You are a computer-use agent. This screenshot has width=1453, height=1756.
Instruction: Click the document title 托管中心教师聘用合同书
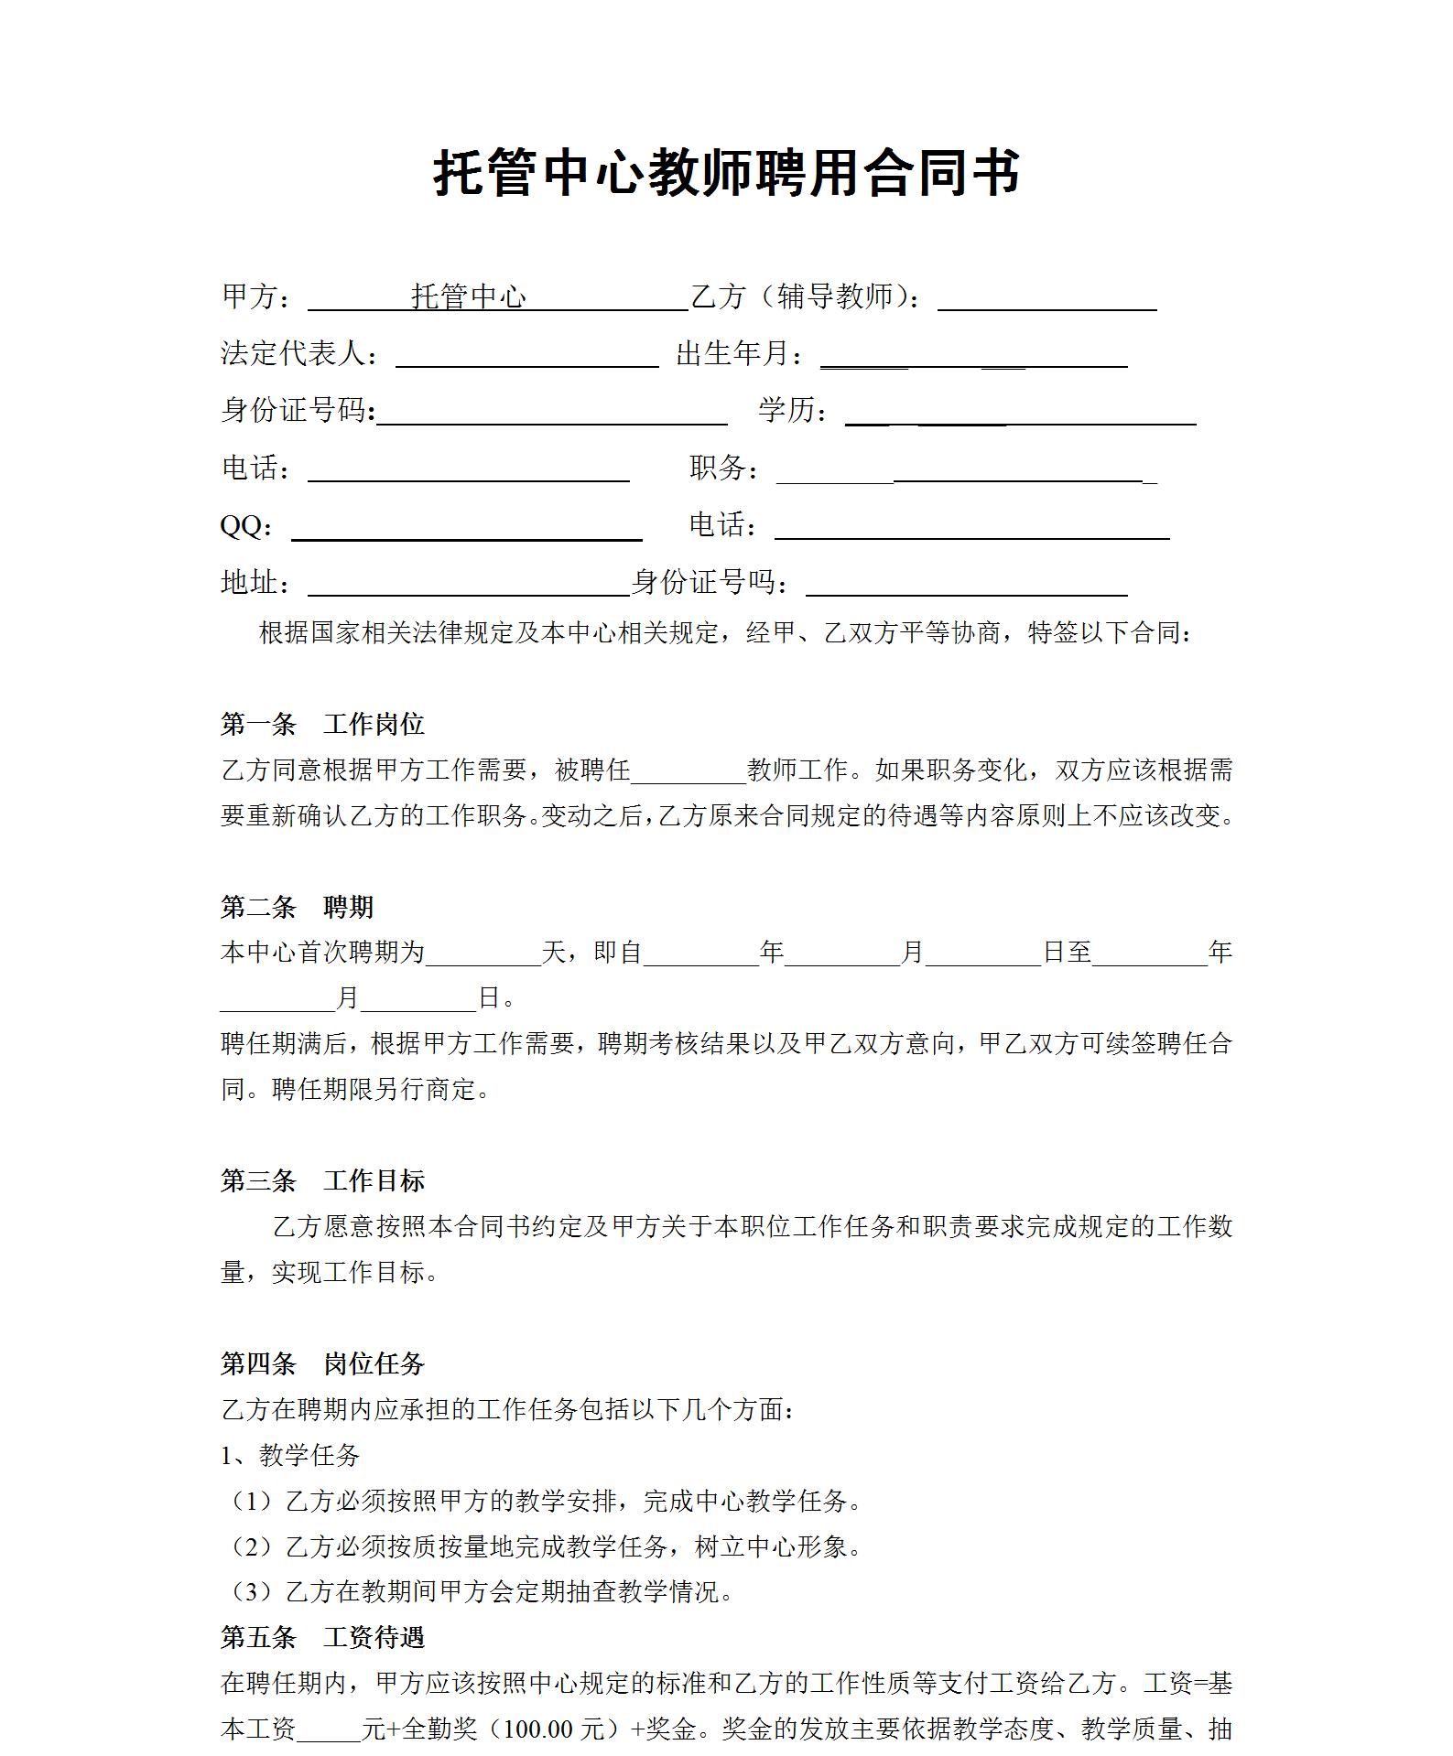click(726, 173)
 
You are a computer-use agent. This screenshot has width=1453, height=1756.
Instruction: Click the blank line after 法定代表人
click(526, 356)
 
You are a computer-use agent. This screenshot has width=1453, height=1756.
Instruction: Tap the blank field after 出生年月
click(972, 356)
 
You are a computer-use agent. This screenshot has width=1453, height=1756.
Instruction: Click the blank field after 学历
click(1020, 414)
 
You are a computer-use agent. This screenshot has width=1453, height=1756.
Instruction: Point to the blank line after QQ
click(466, 529)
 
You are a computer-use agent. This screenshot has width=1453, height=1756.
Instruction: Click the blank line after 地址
click(468, 585)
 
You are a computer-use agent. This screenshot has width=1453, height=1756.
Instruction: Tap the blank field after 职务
click(966, 471)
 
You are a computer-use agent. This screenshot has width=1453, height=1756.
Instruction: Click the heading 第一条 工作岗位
click(322, 725)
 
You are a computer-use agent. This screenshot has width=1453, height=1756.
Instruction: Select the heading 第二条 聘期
click(297, 907)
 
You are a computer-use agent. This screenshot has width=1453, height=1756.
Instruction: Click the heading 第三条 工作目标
click(322, 1180)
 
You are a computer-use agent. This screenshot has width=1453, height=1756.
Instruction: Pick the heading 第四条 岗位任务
click(322, 1363)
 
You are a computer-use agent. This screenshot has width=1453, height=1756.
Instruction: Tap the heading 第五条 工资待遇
click(322, 1637)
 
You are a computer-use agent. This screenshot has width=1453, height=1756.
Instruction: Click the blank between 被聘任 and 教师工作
click(689, 772)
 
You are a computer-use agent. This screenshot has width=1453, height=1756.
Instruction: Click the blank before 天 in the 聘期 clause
click(483, 954)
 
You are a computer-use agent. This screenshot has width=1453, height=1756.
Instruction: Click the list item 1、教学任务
click(290, 1455)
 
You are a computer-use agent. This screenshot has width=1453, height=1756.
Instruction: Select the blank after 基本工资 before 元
click(329, 1729)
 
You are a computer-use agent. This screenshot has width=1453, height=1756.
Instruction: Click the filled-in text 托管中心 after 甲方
click(469, 296)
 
